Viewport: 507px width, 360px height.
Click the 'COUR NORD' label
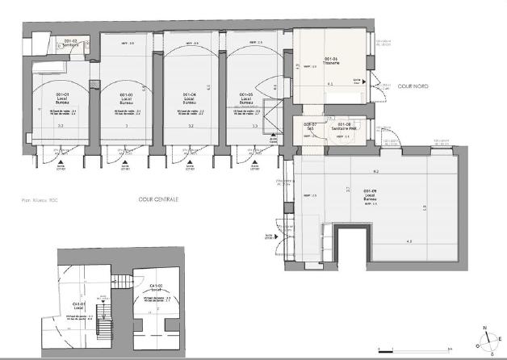point(413,86)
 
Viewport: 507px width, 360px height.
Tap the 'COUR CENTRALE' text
point(157,199)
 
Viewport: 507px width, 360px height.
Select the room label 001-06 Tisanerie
point(330,61)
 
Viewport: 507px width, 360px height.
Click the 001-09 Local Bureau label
point(372,194)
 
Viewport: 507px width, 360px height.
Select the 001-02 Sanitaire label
point(68,44)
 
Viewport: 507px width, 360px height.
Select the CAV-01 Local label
point(79,306)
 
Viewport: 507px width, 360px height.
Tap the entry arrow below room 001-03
point(126,162)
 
